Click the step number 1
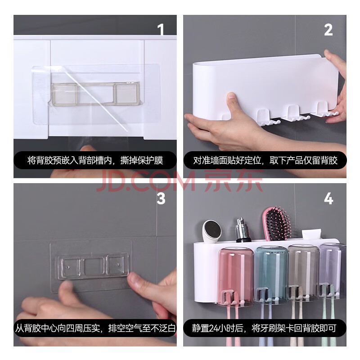[161, 30]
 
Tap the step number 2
[328, 30]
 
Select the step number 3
[161, 198]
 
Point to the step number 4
[328, 198]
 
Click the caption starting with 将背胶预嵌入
[95, 160]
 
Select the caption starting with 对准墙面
[265, 160]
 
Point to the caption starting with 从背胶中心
[95, 328]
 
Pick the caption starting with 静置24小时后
[264, 328]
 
